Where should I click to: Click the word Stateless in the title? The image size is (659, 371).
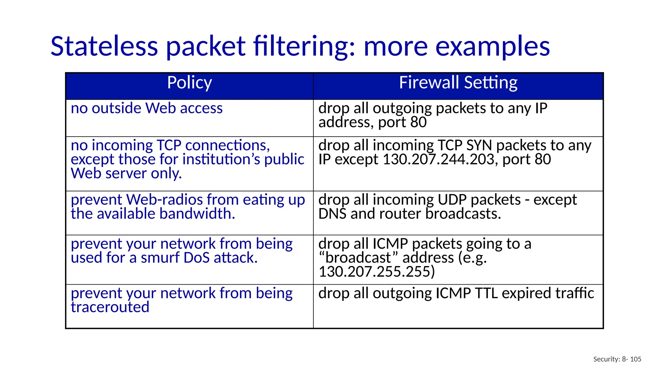coord(104,46)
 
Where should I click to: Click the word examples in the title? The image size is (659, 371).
coord(492,47)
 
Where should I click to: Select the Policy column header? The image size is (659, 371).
coord(190,83)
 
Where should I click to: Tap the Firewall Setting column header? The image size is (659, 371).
coord(458,83)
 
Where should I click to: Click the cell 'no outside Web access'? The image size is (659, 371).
coord(147,108)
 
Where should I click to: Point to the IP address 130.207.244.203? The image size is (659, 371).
coord(439,159)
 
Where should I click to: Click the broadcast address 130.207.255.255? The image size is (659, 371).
coord(376,272)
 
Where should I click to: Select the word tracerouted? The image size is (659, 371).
coord(110,307)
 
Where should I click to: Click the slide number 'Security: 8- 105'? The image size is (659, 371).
coord(617,359)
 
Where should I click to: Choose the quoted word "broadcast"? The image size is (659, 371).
coord(358,258)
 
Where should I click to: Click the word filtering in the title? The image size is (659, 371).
coord(304,46)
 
